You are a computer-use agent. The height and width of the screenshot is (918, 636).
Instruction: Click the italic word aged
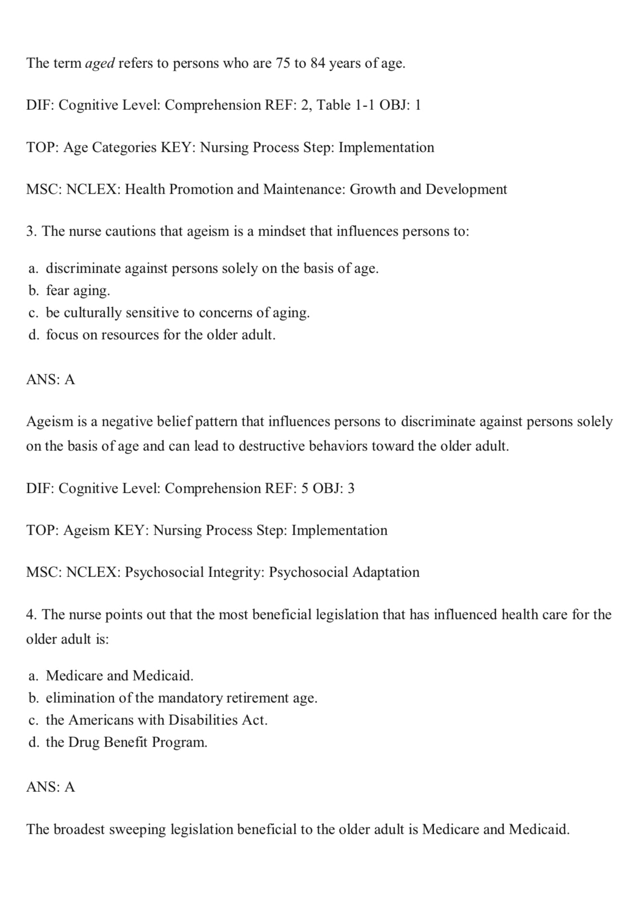[x=100, y=63]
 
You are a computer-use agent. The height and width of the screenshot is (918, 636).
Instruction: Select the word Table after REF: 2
[x=333, y=105]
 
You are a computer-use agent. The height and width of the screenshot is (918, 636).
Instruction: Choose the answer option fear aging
[x=78, y=290]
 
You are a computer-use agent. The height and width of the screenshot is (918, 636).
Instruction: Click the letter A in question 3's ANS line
[x=70, y=380]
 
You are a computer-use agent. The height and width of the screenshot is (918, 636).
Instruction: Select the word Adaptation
[x=386, y=572]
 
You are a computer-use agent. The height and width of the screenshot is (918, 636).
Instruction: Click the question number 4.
[x=30, y=615]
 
